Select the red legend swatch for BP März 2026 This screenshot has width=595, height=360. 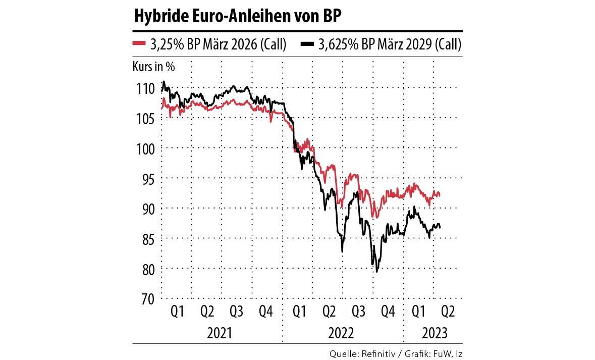click(139, 44)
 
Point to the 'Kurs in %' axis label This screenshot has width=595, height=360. click(153, 66)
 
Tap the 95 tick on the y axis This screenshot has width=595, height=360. click(146, 179)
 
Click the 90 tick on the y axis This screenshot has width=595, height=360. click(146, 209)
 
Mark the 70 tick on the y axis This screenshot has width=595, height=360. click(146, 298)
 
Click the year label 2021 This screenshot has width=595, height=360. click(220, 334)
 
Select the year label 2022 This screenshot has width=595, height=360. click(341, 334)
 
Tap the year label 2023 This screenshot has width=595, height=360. click(434, 334)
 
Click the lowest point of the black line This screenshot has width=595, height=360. click(376, 272)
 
